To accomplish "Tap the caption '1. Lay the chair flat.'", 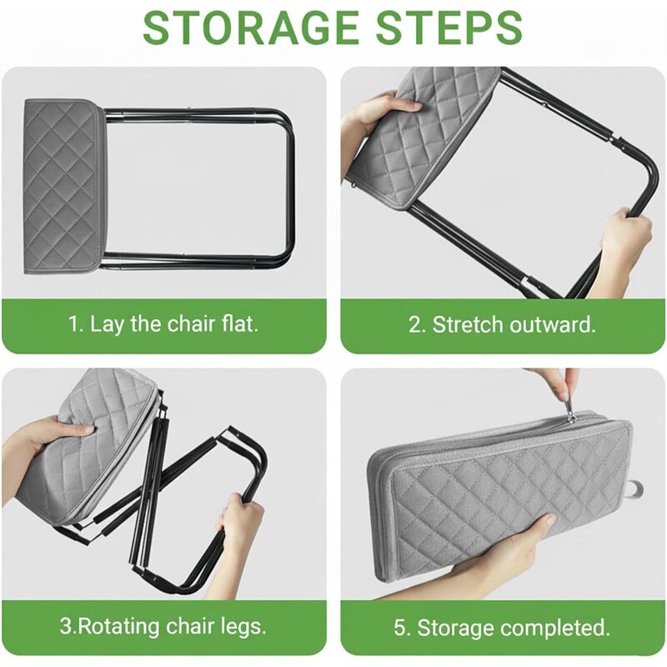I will (x=163, y=323).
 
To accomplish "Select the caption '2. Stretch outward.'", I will (x=502, y=324).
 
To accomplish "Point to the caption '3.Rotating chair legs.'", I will (x=163, y=626).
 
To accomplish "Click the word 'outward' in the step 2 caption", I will (x=554, y=324).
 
